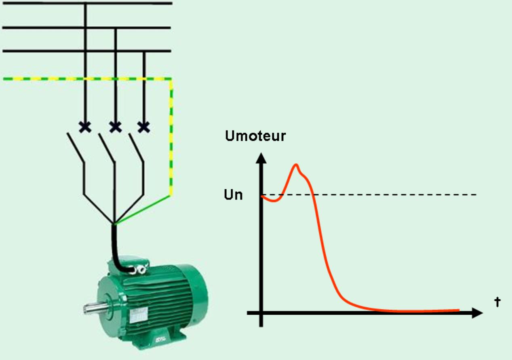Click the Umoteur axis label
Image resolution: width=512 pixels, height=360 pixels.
[255, 136]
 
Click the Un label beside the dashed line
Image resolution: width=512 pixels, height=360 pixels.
[233, 195]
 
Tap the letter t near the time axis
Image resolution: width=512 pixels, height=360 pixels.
[497, 302]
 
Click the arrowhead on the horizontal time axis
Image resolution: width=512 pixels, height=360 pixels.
[477, 313]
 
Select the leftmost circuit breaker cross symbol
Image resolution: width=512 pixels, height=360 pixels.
[85, 127]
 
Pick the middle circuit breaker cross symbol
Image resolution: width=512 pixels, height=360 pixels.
[116, 127]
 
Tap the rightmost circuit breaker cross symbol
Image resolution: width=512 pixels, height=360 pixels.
[144, 127]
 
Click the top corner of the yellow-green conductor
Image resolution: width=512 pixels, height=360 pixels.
[171, 79]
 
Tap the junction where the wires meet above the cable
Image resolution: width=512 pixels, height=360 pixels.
[114, 223]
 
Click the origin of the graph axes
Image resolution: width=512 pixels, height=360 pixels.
[261, 313]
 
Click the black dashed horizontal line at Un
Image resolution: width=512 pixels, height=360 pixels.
[369, 195]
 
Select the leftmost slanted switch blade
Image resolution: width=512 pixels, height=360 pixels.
[76, 148]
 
